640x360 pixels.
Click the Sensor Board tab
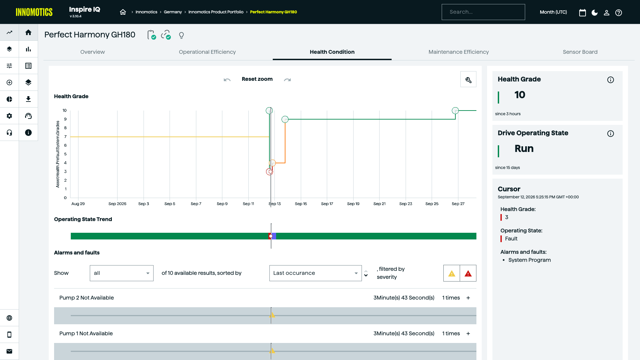[580, 52]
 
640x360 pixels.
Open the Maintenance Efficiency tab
[458, 52]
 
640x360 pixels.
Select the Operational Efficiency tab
[207, 52]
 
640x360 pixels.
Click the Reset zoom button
[257, 79]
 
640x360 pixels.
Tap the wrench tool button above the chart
[468, 79]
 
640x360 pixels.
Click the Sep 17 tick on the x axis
[327, 204]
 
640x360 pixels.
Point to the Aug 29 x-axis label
[78, 204]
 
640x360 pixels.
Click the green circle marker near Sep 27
[455, 111]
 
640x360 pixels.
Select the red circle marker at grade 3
[269, 172]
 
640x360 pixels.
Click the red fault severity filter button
[468, 274]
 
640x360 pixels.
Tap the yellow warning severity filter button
[452, 274]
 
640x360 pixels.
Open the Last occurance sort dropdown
[315, 273]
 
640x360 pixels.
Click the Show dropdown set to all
[122, 273]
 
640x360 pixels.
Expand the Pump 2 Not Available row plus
[468, 298]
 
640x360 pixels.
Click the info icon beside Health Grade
[610, 80]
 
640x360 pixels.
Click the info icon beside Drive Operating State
[610, 134]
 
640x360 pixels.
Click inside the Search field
[483, 12]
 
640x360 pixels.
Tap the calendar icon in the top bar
[582, 13]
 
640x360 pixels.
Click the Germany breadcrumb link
[173, 12]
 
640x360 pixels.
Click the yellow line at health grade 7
[170, 137]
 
